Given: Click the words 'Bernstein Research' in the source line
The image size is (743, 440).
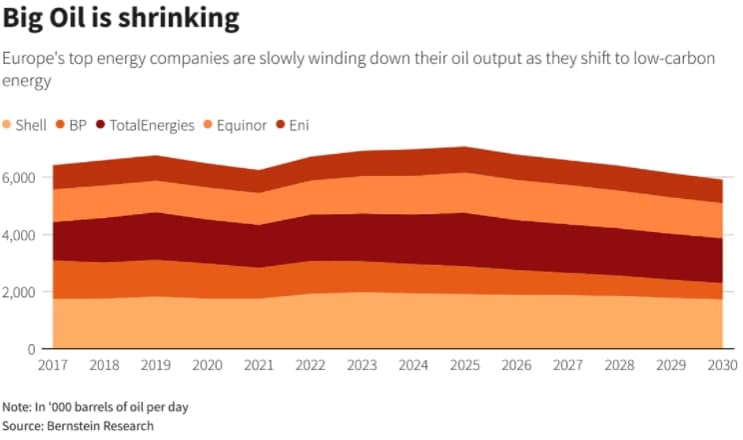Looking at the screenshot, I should click(x=99, y=426).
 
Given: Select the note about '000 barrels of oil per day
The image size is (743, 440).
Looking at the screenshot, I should click(x=96, y=406).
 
